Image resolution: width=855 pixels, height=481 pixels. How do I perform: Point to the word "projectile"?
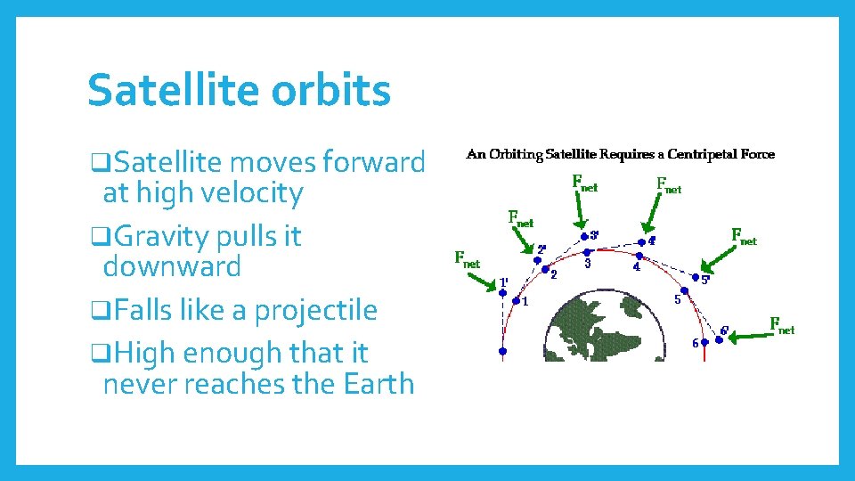click(x=316, y=310)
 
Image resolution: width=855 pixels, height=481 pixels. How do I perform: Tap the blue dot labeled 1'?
click(x=502, y=293)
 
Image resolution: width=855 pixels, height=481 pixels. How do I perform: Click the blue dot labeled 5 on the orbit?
click(x=684, y=290)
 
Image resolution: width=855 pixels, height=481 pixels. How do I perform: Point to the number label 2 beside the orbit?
click(x=554, y=274)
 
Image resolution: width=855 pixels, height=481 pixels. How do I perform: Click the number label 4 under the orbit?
click(x=636, y=266)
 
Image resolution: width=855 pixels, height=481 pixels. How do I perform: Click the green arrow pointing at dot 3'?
click(x=577, y=210)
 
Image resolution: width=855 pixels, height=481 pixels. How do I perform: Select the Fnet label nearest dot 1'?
click(x=467, y=259)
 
